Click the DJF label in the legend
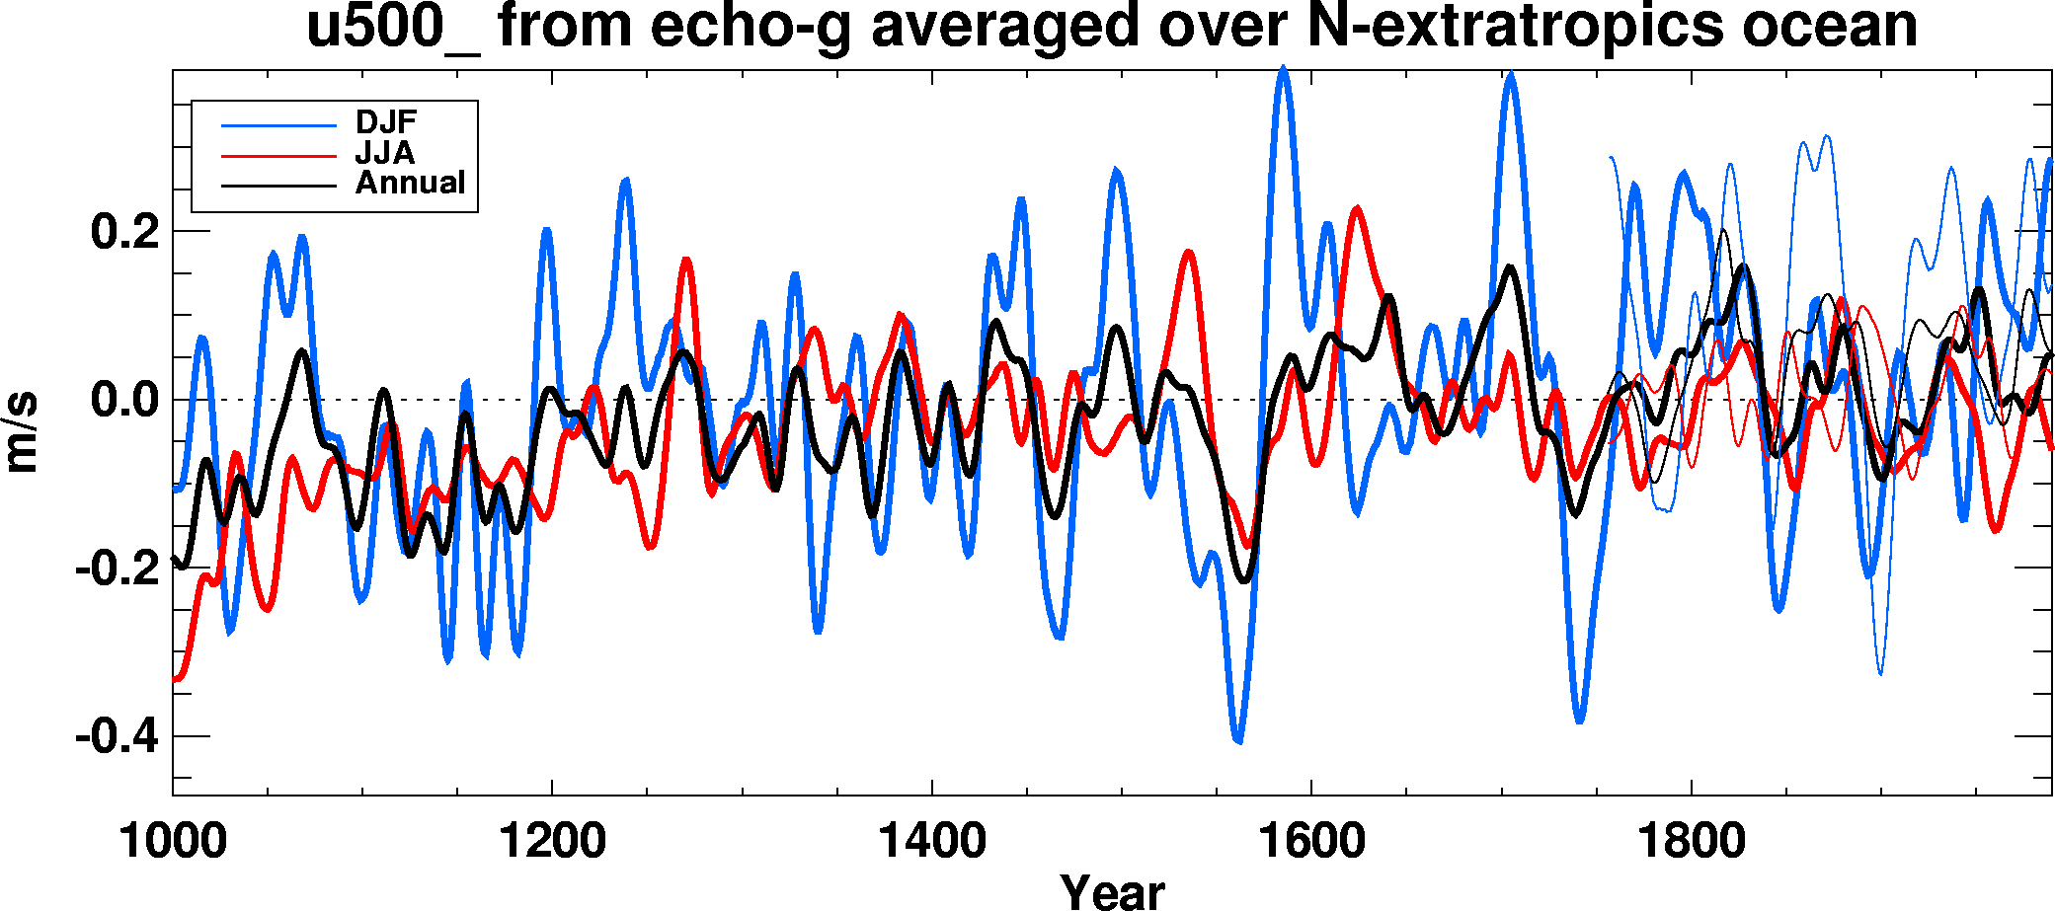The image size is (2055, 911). click(386, 122)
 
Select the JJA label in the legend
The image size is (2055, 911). click(385, 153)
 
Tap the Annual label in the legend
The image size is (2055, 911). click(410, 183)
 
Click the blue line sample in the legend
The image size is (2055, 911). click(278, 125)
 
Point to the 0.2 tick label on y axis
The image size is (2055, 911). click(124, 233)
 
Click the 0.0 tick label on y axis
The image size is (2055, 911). click(124, 401)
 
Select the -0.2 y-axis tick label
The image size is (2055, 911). click(117, 569)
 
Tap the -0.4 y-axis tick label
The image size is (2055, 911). click(117, 736)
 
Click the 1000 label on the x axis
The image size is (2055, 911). click(173, 841)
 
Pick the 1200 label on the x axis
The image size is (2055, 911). click(552, 841)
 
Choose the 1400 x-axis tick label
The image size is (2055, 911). click(931, 841)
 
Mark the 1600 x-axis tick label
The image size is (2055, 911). click(1311, 841)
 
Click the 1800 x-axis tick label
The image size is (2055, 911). click(1691, 841)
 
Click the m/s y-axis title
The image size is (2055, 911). click(22, 431)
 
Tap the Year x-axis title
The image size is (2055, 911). click(1112, 890)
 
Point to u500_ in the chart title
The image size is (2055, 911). click(393, 27)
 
